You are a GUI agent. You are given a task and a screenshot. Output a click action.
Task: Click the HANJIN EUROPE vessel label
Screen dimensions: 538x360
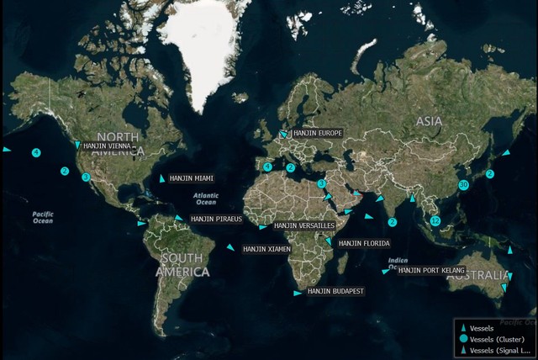[x=318, y=133]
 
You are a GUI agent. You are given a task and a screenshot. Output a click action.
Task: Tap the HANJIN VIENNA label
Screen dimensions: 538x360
[x=108, y=146]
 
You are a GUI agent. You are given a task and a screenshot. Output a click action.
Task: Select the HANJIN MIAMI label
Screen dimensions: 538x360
[x=192, y=178]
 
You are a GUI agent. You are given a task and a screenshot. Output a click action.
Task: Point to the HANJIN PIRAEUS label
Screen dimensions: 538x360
[x=216, y=220]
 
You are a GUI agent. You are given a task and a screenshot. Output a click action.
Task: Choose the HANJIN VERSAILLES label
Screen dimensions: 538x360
[x=304, y=225]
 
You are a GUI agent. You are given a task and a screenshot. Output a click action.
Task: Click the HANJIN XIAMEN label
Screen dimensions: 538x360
[x=266, y=249]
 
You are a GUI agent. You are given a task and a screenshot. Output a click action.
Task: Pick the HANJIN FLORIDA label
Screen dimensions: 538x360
[x=364, y=243]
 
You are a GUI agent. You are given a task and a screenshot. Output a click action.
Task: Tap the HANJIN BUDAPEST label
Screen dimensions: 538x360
[x=335, y=291]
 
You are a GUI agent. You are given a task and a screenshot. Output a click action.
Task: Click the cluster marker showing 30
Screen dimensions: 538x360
[x=463, y=184]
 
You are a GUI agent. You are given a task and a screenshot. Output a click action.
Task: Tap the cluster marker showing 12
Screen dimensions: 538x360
[x=435, y=220]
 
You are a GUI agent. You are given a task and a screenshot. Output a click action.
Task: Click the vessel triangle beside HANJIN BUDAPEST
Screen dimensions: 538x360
[x=297, y=293]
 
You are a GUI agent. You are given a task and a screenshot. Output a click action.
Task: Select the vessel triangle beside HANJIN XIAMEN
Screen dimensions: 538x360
[x=230, y=246]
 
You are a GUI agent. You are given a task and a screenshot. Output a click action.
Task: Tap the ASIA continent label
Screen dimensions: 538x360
[x=429, y=122]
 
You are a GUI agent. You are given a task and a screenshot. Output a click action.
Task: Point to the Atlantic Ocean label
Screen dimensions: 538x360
[x=206, y=199]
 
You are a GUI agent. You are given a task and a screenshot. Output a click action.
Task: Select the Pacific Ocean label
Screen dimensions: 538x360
[x=43, y=217]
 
